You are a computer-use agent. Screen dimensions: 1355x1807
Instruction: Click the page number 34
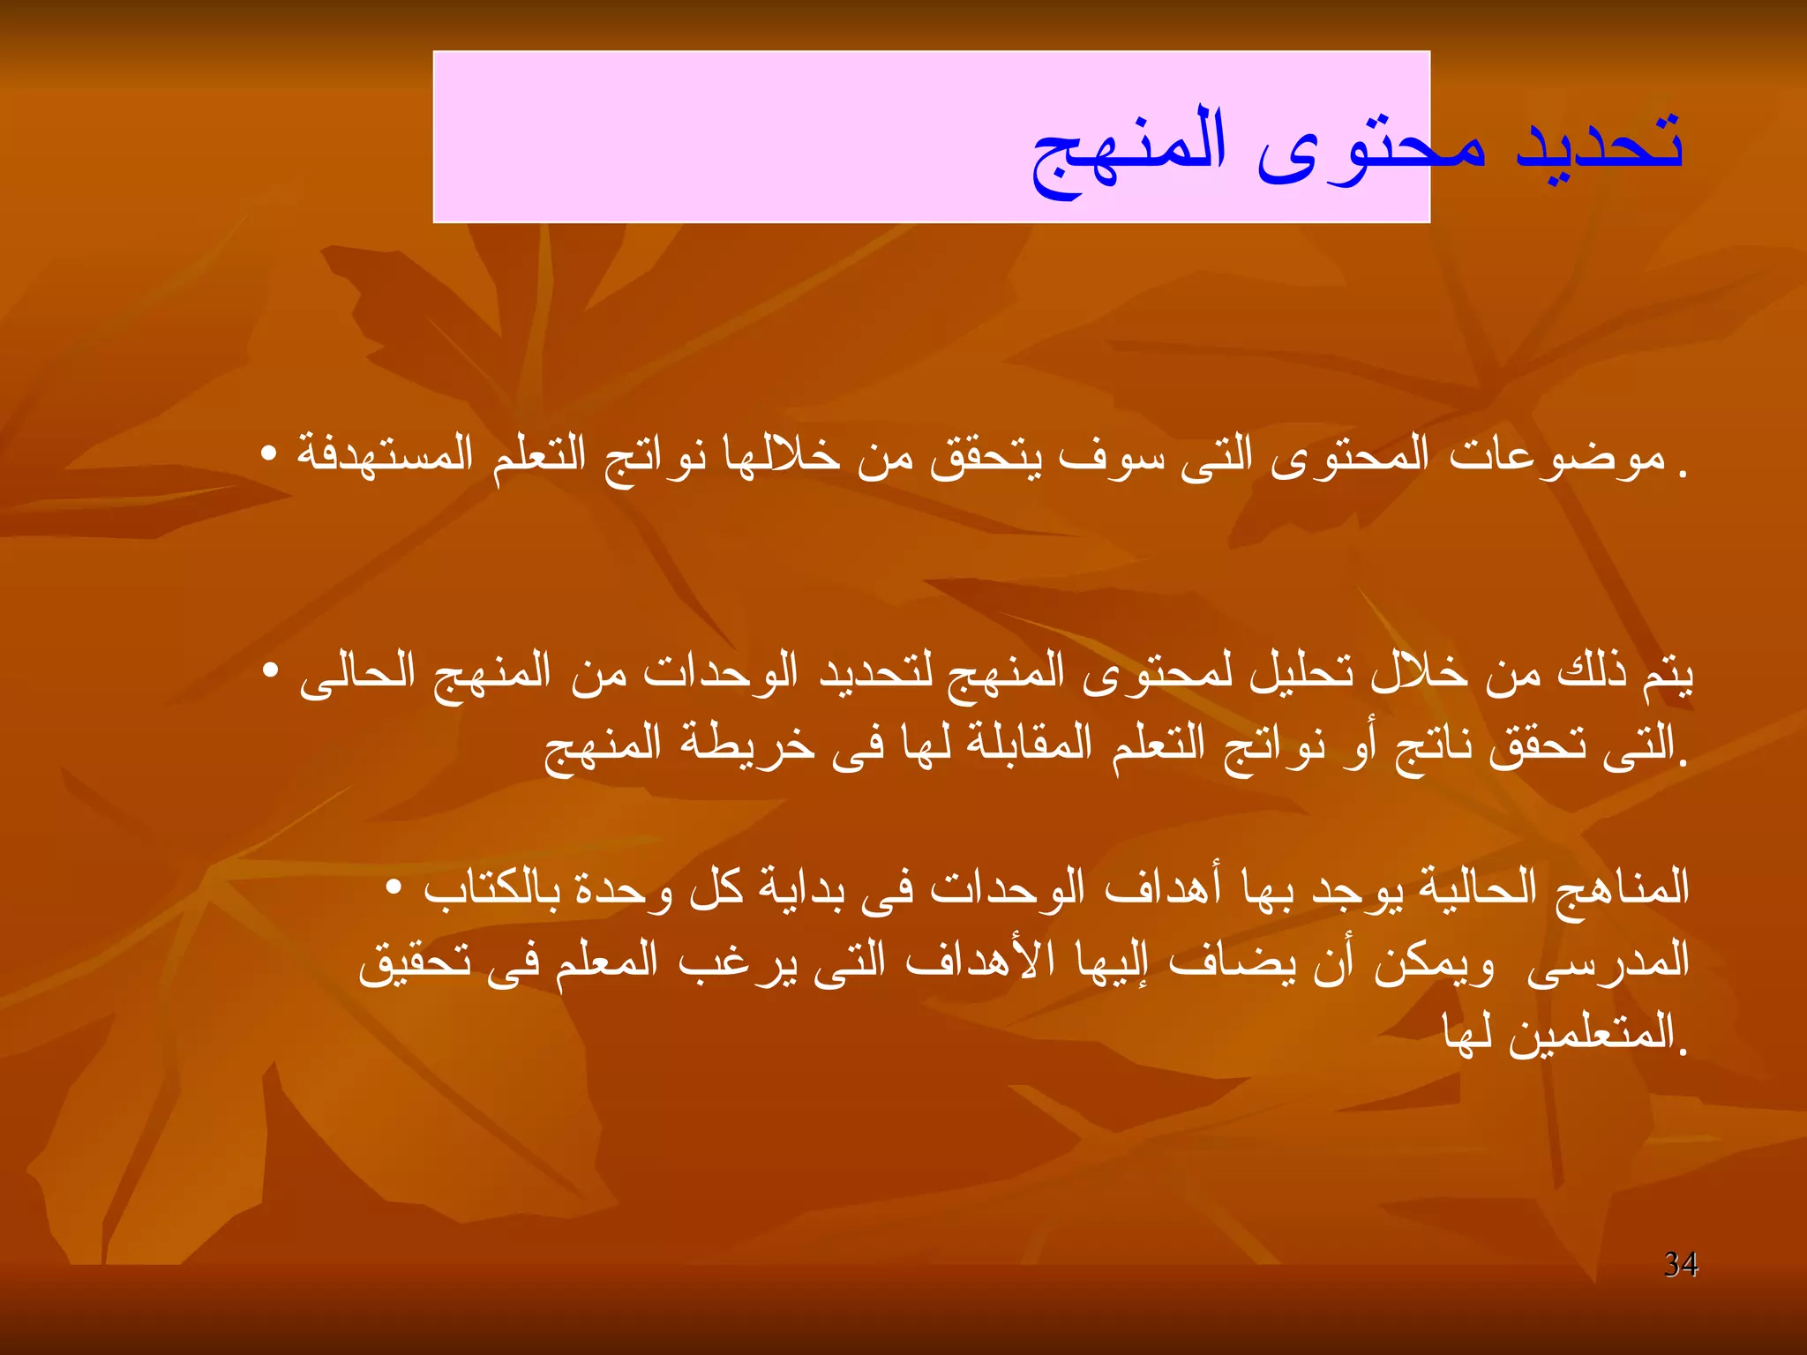(1681, 1264)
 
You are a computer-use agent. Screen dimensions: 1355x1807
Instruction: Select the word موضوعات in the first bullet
(1557, 457)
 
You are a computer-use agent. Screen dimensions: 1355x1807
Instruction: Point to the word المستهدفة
(385, 455)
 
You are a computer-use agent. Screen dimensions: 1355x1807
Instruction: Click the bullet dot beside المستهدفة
(269, 454)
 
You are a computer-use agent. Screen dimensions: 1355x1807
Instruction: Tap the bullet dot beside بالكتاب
(394, 886)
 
